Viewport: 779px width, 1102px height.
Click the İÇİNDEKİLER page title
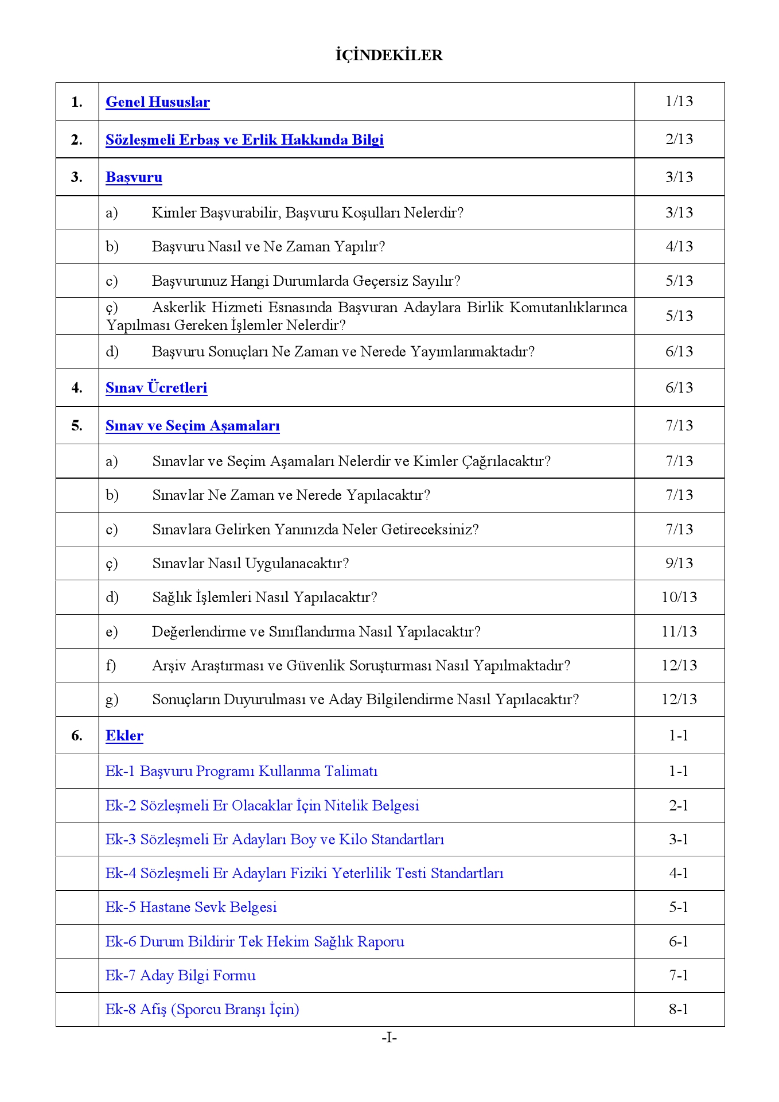[x=389, y=55]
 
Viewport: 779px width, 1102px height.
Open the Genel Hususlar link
[x=158, y=102]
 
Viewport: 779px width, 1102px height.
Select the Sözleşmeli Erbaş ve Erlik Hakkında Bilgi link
[x=244, y=140]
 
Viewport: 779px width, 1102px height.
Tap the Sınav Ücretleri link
[x=156, y=388]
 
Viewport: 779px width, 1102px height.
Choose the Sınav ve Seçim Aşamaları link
[x=192, y=426]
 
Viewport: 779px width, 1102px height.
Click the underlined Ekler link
[x=124, y=736]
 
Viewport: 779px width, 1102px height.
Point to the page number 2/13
[x=679, y=139]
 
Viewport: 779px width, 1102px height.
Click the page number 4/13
[x=679, y=247]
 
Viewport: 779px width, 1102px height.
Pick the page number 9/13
[x=679, y=563]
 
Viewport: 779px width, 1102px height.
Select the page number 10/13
[x=679, y=597]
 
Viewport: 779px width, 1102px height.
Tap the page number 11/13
[x=679, y=632]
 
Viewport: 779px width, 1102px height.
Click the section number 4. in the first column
[x=77, y=388]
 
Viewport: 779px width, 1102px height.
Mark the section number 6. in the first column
[x=77, y=736]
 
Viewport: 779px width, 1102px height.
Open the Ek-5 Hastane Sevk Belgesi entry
[x=191, y=907]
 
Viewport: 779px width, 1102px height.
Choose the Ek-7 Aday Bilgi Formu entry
[x=180, y=976]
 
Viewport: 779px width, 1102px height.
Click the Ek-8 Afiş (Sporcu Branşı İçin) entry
[x=202, y=1010]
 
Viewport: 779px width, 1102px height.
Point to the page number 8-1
[x=679, y=1010]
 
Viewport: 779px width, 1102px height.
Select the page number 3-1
[x=679, y=840]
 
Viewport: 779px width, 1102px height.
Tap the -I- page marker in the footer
[x=389, y=1038]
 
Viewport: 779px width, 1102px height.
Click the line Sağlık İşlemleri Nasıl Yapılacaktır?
[x=264, y=597]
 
